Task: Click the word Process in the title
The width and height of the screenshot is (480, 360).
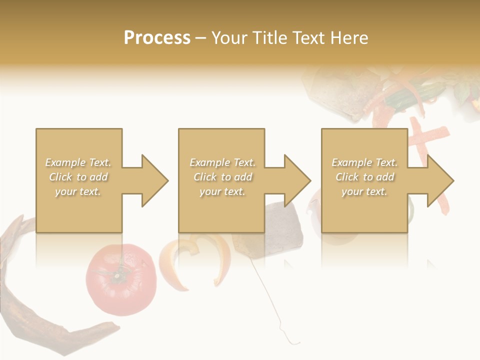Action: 157,38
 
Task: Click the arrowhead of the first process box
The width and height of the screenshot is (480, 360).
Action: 155,180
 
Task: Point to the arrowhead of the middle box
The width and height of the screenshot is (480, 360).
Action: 298,180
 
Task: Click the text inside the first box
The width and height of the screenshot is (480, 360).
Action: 78,177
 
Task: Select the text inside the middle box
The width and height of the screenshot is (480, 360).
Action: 222,177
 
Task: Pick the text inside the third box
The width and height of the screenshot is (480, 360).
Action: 364,177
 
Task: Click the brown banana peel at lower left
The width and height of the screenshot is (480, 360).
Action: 30,310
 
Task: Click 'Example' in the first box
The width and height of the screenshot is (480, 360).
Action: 65,162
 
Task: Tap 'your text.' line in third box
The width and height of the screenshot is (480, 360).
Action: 364,191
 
